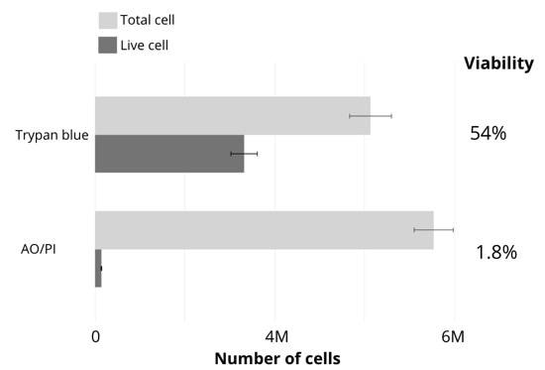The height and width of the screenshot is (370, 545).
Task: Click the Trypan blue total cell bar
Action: point(232,115)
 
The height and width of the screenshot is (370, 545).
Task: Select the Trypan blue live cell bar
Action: point(168,153)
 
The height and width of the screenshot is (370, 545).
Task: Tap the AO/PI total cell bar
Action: point(264,229)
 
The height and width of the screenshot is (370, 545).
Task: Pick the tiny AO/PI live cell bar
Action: point(98,268)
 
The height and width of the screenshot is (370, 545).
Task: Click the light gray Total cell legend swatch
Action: point(106,20)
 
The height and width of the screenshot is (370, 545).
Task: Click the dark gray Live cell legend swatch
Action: point(106,45)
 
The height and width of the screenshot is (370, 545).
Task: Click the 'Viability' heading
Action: point(498,63)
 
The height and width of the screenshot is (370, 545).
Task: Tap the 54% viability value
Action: point(488,133)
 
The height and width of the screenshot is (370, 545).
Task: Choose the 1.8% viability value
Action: point(495,252)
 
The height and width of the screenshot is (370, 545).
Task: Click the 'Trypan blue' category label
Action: point(53,135)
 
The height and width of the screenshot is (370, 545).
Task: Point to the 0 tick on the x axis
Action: point(95,337)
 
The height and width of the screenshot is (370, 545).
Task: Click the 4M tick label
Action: point(276,337)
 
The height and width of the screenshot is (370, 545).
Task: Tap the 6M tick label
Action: point(452,337)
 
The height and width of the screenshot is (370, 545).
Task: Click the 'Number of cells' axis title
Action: point(276,358)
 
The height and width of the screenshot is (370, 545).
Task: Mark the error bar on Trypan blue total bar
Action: point(371,115)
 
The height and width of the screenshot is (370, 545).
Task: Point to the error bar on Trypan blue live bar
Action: point(244,153)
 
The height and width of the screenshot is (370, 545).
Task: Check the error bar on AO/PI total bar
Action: point(433,229)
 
